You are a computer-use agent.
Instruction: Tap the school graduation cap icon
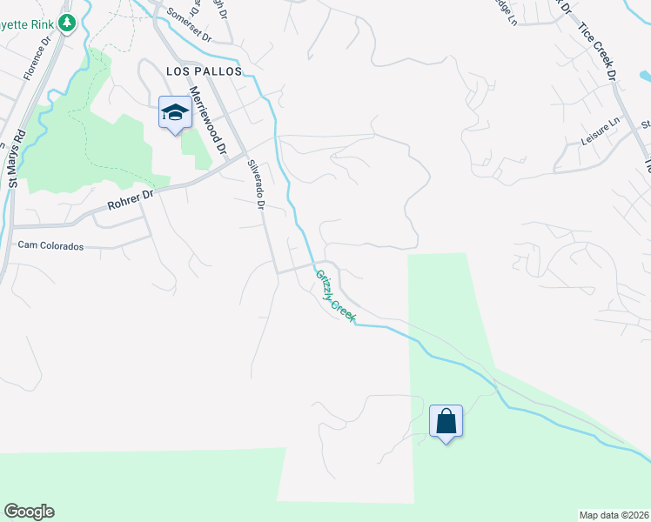pyautogui.click(x=175, y=112)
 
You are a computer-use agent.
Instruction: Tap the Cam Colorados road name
pyautogui.click(x=50, y=246)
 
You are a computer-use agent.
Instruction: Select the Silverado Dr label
pyautogui.click(x=255, y=184)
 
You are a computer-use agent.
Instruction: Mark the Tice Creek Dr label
pyautogui.click(x=598, y=52)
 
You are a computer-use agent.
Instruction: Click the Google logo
pyautogui.click(x=29, y=512)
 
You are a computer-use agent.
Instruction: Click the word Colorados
pyautogui.click(x=62, y=246)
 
